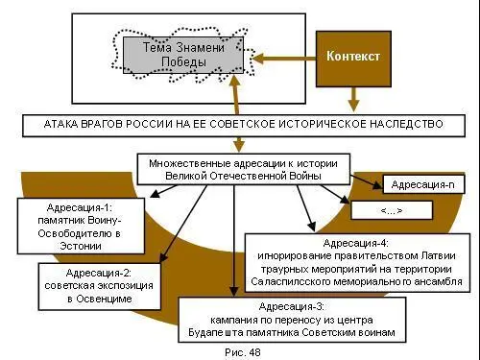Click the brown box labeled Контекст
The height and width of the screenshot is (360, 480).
click(353, 57)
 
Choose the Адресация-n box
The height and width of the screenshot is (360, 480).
click(424, 183)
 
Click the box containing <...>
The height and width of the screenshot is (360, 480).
click(390, 209)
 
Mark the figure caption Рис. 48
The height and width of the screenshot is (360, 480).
click(241, 351)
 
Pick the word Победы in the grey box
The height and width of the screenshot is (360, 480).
click(183, 63)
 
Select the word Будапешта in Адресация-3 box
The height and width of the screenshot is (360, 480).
click(222, 332)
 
